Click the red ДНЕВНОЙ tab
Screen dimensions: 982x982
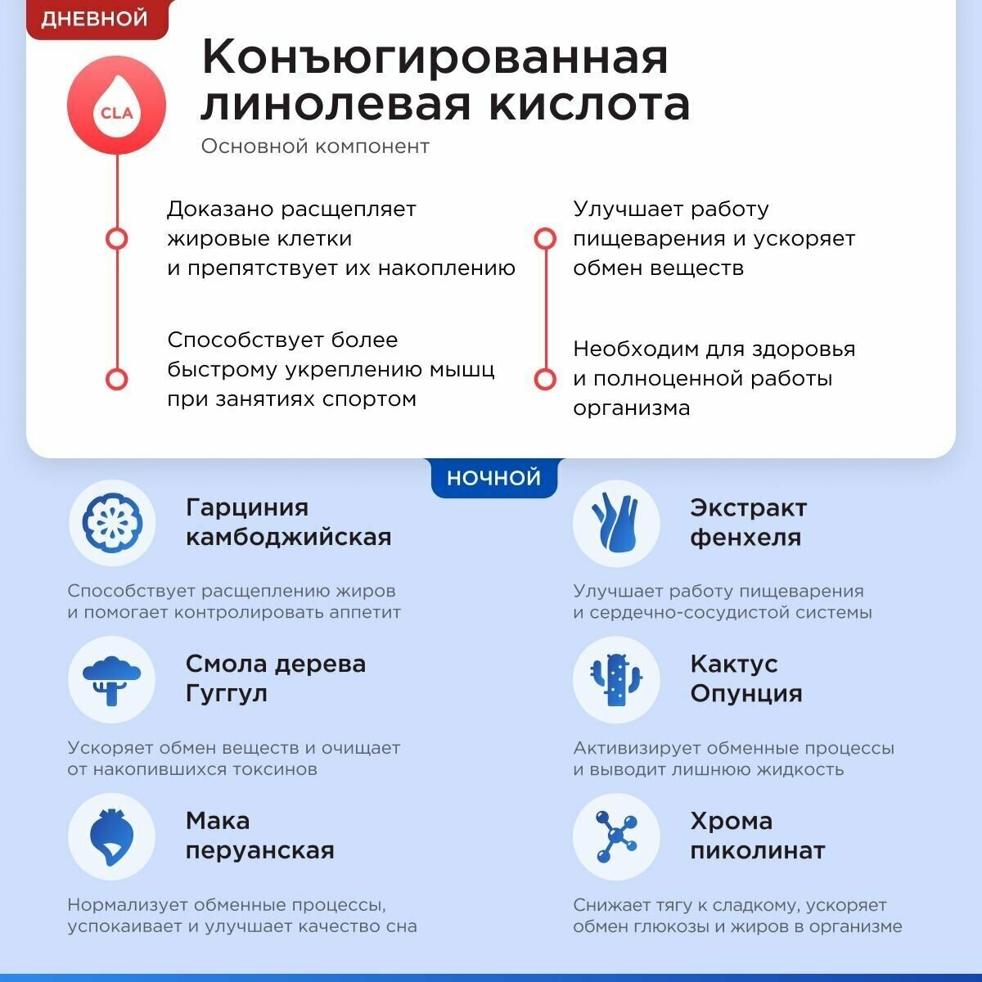(95, 19)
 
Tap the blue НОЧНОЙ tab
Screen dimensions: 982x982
(493, 478)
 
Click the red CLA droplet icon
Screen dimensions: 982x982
(116, 106)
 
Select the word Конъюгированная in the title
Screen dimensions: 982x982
(435, 56)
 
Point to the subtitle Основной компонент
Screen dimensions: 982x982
(315, 146)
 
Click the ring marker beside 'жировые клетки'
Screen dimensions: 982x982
(117, 239)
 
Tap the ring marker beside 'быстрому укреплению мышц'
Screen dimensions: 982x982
(117, 379)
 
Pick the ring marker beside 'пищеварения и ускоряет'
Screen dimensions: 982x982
(545, 239)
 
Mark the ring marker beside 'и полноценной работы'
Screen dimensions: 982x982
(545, 379)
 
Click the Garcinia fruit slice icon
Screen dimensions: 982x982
(111, 523)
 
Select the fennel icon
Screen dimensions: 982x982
(615, 523)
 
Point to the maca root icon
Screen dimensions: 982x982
(111, 837)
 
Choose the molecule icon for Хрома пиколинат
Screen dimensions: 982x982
(615, 837)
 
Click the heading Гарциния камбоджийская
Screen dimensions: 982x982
(288, 522)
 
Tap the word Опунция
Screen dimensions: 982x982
(746, 694)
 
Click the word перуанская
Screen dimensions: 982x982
(259, 851)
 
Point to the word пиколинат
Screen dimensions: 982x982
(757, 851)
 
